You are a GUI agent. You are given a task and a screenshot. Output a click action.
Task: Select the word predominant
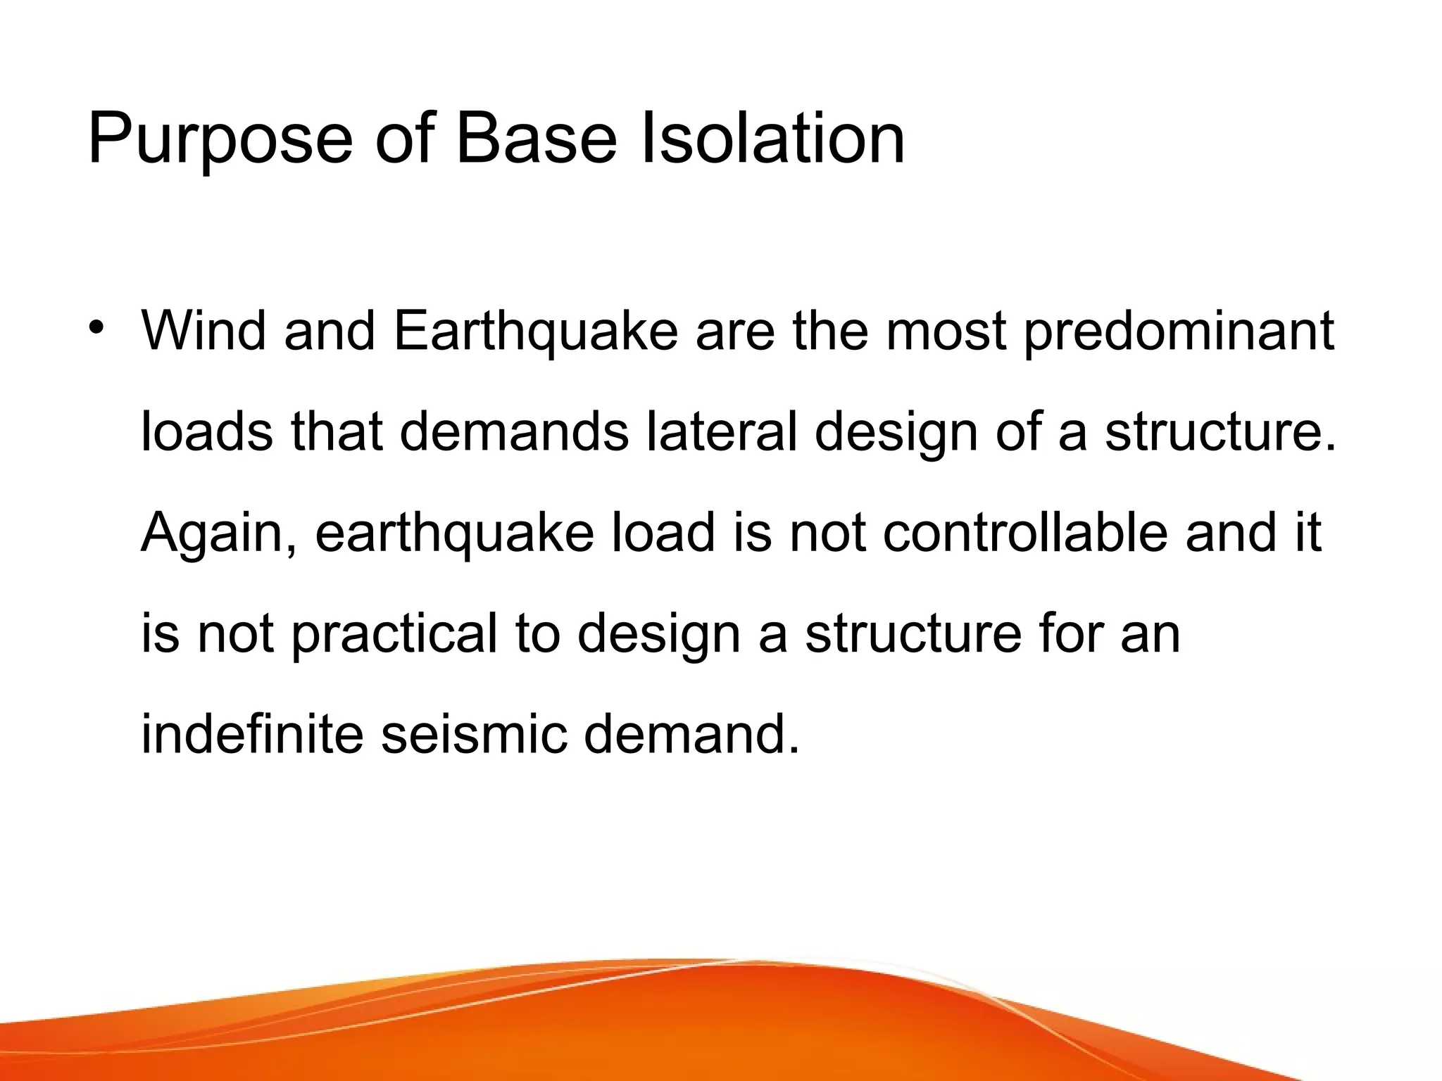click(1179, 331)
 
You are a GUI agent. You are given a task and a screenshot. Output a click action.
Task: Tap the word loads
click(206, 431)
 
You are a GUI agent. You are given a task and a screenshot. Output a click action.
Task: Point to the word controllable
click(1024, 532)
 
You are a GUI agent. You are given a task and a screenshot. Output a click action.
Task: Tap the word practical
click(394, 633)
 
